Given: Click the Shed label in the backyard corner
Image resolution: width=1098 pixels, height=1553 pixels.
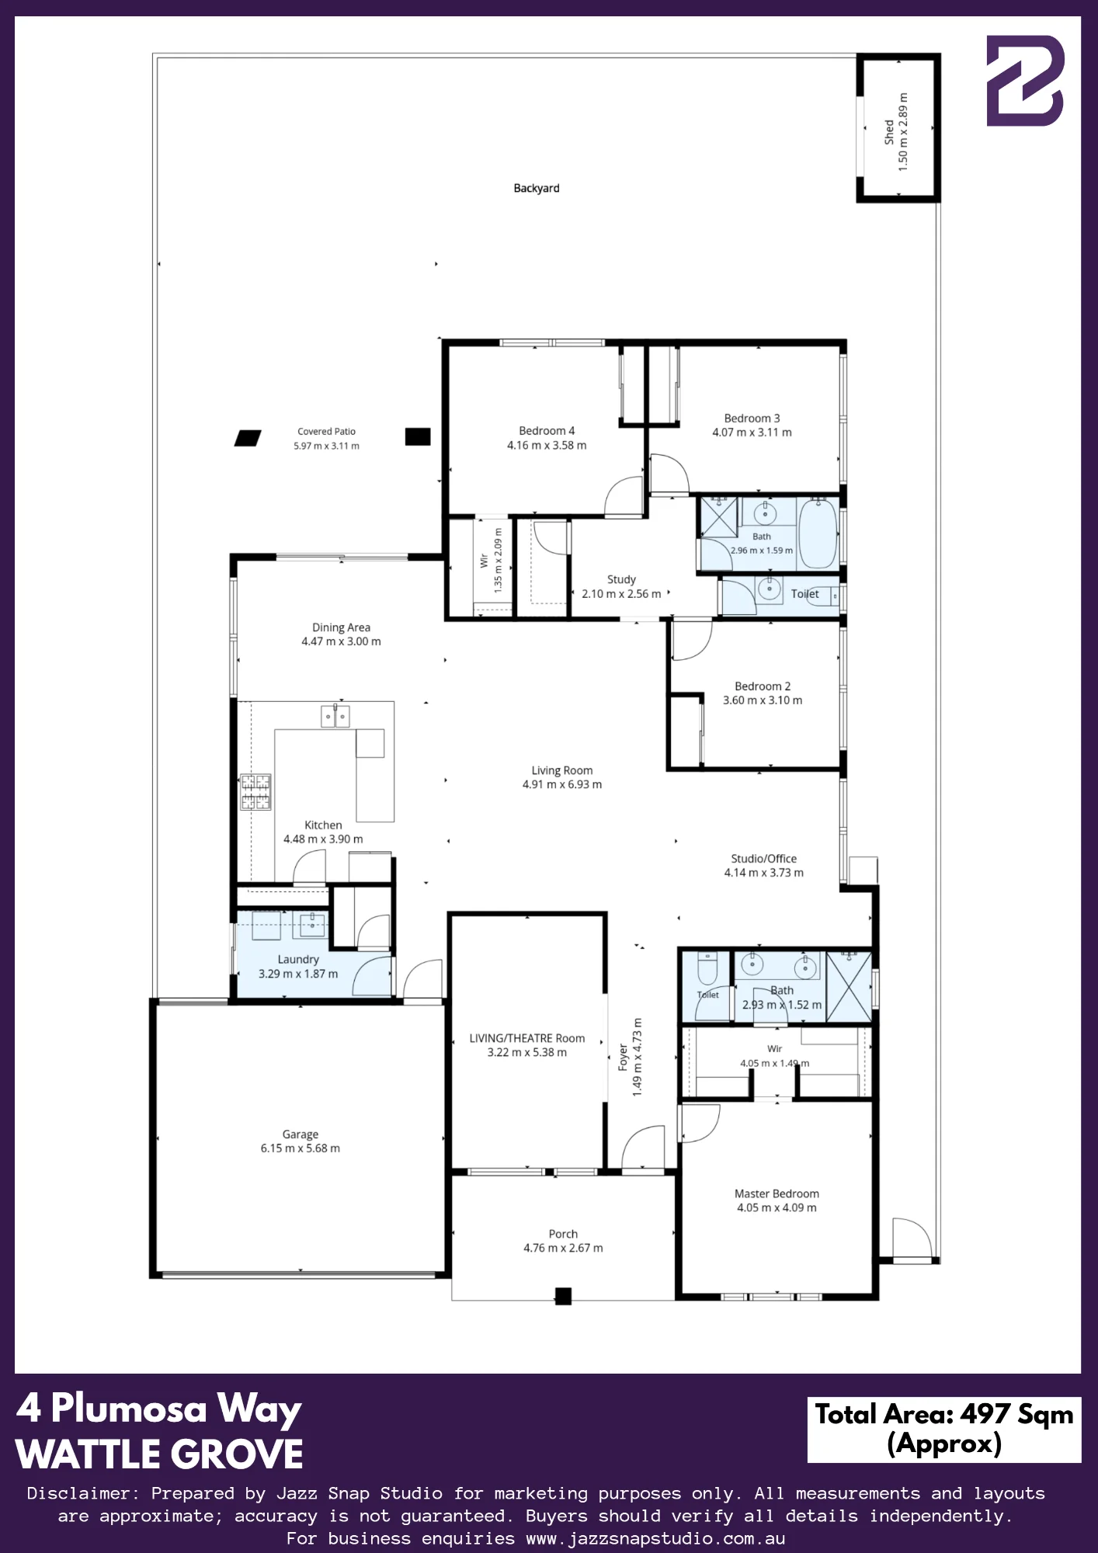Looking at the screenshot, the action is (888, 132).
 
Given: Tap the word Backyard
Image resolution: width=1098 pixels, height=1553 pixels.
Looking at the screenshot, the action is (537, 188).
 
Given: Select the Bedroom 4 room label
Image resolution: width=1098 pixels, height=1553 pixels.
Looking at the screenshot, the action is (547, 431).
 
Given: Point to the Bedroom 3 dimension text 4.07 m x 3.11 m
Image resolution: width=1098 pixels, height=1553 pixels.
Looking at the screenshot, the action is (752, 433).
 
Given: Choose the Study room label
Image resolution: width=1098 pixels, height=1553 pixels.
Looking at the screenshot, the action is (621, 579).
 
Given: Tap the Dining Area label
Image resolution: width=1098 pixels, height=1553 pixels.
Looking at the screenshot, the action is (342, 627).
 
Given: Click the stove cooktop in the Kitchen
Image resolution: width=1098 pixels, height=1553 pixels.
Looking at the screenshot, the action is (255, 792).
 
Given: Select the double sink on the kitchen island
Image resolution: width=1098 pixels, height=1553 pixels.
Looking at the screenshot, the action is (335, 715).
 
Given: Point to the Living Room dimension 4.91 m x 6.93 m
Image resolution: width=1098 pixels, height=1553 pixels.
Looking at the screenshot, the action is (562, 784).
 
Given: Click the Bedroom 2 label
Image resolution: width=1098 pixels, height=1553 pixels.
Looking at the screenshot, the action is (763, 686).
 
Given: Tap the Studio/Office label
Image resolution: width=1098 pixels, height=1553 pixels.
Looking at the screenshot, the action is (764, 859).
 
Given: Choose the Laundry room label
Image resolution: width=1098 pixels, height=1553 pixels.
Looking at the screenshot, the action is (298, 960).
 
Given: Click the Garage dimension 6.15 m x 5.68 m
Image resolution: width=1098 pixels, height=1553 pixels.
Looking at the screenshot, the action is (301, 1148).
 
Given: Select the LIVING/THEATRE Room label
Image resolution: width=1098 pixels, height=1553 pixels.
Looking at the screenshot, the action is (527, 1038).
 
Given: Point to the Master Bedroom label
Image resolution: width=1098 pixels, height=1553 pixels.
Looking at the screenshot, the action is (777, 1193).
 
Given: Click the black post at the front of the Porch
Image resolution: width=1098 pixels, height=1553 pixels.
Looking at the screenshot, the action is (563, 1296).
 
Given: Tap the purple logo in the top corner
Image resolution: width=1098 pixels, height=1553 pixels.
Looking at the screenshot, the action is (1025, 80).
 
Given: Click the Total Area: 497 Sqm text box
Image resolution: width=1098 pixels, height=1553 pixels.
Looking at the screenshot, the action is (944, 1430).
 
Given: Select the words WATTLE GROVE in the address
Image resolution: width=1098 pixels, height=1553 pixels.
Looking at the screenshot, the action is (159, 1454).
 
